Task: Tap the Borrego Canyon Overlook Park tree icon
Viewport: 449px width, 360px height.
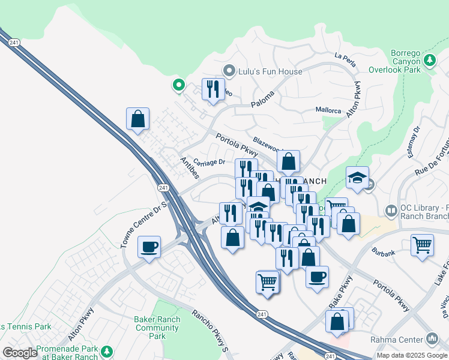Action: [x=430, y=60]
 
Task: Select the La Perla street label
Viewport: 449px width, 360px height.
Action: [x=345, y=58]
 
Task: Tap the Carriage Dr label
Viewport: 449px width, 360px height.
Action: [x=210, y=162]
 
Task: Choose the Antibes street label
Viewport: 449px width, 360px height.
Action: [x=191, y=168]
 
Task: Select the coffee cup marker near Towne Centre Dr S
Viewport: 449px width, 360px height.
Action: [x=149, y=246]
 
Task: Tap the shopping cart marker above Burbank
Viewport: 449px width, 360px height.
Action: [x=423, y=245]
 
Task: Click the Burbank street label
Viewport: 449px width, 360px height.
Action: [x=383, y=253]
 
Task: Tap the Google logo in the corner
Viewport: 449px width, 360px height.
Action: [x=20, y=353]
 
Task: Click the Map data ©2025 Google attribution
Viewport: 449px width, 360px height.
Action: [x=412, y=355]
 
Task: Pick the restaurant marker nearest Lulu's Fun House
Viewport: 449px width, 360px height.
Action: [x=213, y=89]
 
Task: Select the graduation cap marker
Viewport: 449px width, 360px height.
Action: [x=357, y=178]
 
